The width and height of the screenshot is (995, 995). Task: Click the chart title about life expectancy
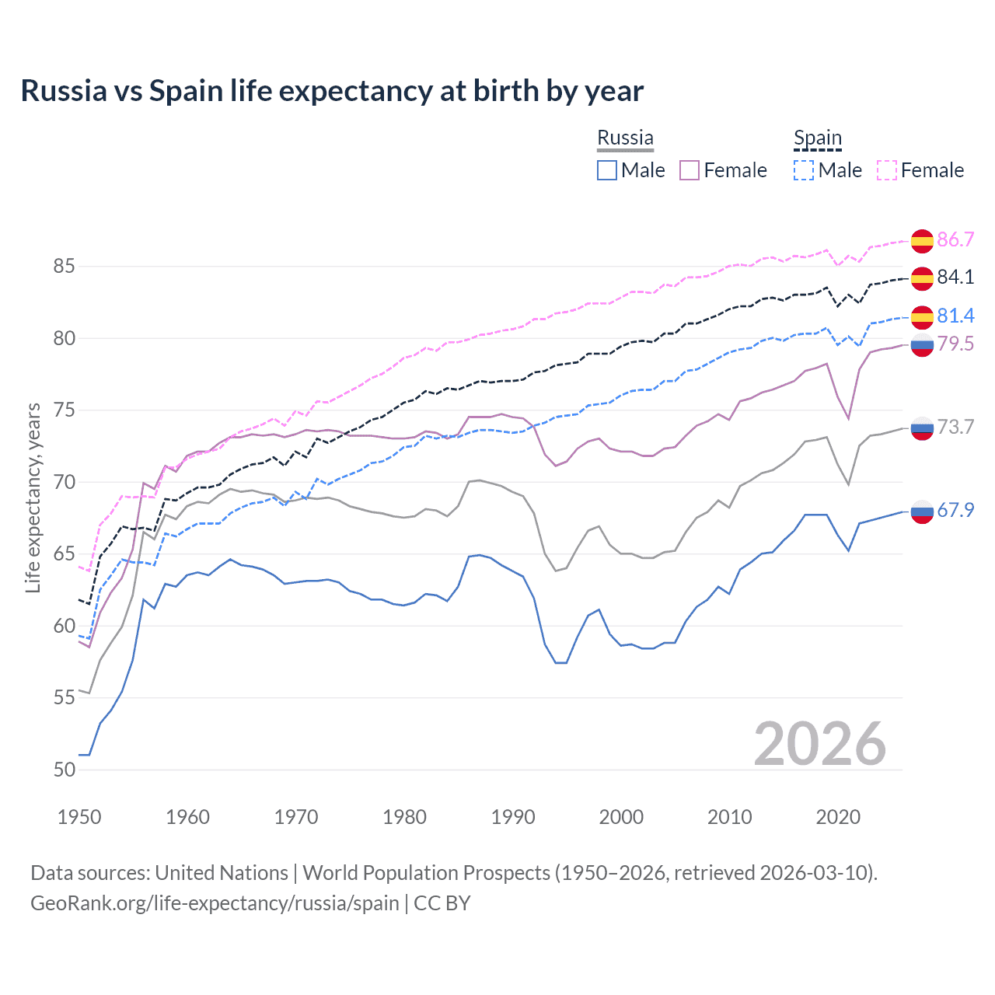coord(332,91)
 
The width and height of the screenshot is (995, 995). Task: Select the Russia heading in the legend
coord(625,138)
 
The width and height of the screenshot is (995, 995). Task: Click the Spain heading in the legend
coord(817,138)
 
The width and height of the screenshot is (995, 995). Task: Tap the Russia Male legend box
coord(607,170)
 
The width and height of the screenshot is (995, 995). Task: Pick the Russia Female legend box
coord(690,170)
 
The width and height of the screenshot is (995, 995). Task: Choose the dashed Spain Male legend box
coord(804,170)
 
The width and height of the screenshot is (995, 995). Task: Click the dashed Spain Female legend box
coord(887,170)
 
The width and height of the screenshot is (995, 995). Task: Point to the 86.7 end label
coord(955,239)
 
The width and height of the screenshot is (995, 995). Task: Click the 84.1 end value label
coord(955,277)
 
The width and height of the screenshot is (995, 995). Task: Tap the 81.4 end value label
coord(955,316)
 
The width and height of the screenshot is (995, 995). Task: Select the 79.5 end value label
coord(955,344)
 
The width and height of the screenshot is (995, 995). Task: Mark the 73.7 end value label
coord(955,427)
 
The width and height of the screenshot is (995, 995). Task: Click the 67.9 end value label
coord(955,510)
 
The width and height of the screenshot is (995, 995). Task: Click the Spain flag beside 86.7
coord(922,241)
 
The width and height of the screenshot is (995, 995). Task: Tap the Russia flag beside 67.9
coord(922,511)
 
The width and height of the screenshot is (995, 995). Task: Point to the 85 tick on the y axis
coord(65,267)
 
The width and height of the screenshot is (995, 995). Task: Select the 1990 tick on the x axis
coord(513,817)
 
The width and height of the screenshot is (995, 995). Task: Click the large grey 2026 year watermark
coord(820,744)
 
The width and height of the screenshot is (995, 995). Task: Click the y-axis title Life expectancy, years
coord(33,497)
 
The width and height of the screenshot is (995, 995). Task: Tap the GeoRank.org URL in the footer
coord(215,903)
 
